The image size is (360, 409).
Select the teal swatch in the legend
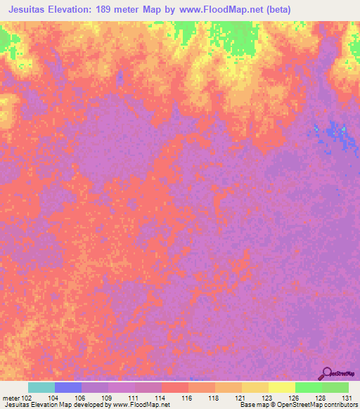[41, 387]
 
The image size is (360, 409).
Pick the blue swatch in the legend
[68, 387]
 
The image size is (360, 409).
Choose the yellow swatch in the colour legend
[282, 387]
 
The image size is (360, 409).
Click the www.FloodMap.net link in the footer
[139, 405]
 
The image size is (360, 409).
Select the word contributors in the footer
[339, 405]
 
